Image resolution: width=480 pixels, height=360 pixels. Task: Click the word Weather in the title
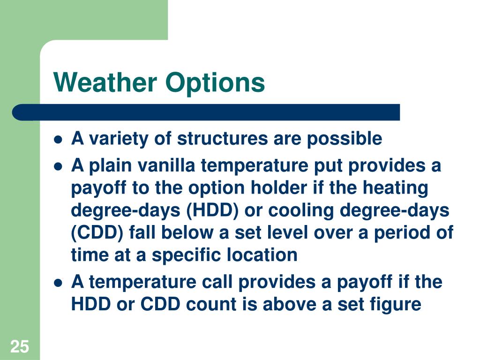click(105, 82)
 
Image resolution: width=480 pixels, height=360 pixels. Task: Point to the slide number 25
click(20, 347)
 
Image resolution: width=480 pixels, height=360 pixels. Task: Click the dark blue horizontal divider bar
click(206, 112)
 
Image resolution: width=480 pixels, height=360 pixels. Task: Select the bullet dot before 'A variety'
click(58, 140)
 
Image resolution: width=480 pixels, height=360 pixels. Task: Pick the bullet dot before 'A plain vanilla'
click(58, 166)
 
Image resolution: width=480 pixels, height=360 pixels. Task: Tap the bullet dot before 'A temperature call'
click(58, 283)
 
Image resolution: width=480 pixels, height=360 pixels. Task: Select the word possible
click(345, 140)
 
